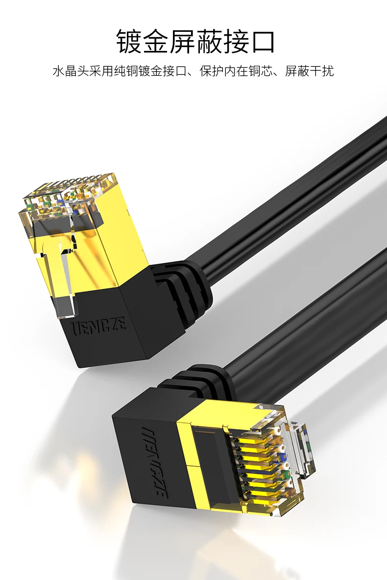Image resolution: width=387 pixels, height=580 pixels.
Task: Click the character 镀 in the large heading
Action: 129,42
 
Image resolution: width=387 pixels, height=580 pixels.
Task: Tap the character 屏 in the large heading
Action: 182,42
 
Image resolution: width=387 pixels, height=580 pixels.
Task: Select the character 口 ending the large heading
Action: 262,42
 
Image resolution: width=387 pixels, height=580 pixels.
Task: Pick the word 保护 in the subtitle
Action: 212,71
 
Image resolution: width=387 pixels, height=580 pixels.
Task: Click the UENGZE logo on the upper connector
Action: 97,325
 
